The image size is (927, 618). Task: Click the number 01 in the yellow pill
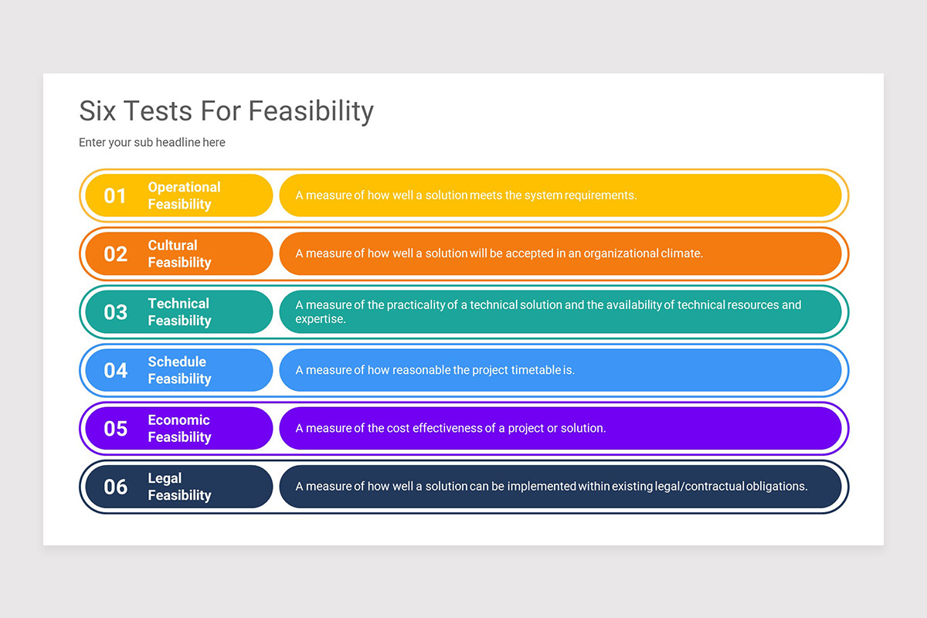coord(115,195)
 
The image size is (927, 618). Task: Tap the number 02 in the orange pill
coord(115,253)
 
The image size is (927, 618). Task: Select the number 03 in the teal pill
coord(115,312)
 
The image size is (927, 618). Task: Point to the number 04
coord(115,370)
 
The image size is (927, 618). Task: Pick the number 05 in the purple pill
coord(115,428)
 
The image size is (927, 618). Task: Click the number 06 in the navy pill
coord(115,487)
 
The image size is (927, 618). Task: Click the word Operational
coord(184,187)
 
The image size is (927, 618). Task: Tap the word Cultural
coord(172,245)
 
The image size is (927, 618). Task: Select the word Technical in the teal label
coord(178,304)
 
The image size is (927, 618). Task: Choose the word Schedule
coord(177,362)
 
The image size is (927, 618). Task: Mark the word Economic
coord(178,419)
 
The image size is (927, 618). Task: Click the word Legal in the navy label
coord(165,478)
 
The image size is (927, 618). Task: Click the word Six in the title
coord(98,111)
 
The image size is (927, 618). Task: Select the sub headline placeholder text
coord(152,143)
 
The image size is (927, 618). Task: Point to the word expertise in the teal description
coord(320,319)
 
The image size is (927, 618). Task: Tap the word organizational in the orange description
coord(621,253)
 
